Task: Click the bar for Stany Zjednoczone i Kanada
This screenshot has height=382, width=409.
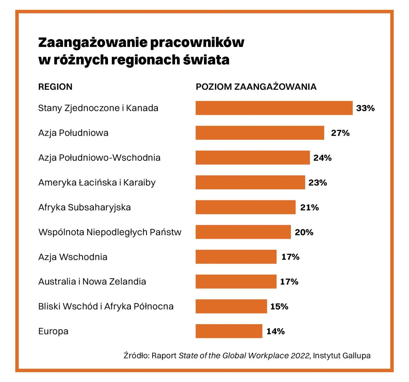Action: tap(274, 108)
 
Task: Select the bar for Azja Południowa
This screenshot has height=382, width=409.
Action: tap(260, 133)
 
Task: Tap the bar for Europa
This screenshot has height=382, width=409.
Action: tap(229, 331)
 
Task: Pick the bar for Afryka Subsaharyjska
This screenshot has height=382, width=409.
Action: tap(245, 207)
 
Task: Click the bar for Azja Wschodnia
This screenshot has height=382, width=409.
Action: tap(236, 257)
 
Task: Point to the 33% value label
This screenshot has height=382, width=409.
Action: tap(365, 108)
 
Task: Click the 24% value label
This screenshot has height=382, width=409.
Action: tap(322, 158)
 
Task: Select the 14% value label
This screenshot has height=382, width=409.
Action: tap(275, 331)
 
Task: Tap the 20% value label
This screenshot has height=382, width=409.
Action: tap(304, 232)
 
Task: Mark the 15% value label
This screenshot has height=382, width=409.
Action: tap(279, 306)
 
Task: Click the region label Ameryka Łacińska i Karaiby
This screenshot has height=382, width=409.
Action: tap(97, 183)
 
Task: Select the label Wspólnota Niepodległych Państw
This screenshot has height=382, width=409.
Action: tap(110, 232)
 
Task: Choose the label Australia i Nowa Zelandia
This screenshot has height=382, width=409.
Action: tap(92, 282)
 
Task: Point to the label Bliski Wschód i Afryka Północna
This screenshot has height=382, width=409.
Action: tap(106, 306)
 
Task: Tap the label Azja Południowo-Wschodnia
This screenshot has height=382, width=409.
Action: tap(99, 158)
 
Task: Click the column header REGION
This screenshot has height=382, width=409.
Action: tap(55, 87)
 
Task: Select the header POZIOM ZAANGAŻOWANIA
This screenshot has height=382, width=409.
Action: tap(256, 87)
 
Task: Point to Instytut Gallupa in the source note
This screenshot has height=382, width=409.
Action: tap(342, 355)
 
